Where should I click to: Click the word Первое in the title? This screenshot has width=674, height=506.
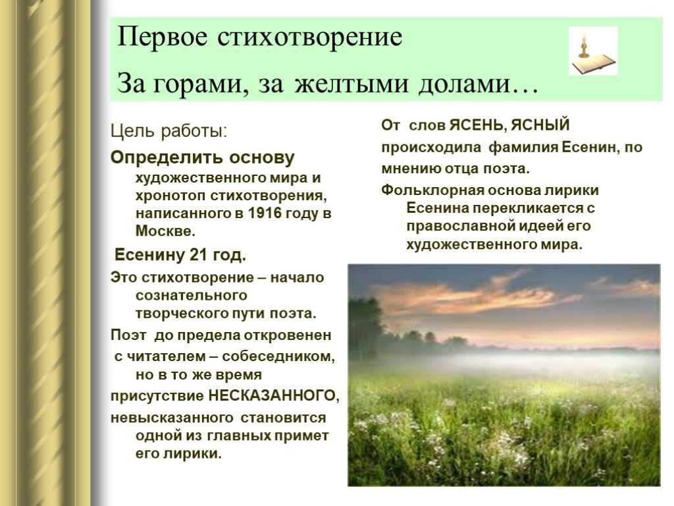point(162,38)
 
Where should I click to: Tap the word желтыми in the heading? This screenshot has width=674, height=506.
point(351,84)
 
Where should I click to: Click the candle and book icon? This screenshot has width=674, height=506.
point(593,50)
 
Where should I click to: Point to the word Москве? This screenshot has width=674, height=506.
point(165,231)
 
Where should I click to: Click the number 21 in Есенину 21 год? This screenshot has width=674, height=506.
point(199,255)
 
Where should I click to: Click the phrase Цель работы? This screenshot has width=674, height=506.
point(168,131)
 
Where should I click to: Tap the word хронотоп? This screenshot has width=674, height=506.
point(170,196)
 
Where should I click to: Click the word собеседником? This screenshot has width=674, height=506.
point(278,356)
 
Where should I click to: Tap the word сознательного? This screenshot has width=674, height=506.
point(192,296)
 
